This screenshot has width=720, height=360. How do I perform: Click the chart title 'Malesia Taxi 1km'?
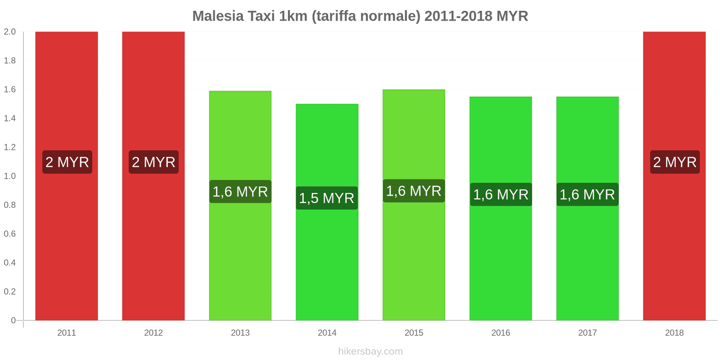[360, 16]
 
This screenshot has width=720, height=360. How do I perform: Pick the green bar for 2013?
[240, 252]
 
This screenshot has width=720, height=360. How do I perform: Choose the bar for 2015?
[414, 252]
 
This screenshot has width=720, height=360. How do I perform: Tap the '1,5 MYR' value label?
[327, 198]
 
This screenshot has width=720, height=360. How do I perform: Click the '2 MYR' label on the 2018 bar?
[675, 162]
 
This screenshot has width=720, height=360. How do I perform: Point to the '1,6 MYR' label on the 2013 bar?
[240, 192]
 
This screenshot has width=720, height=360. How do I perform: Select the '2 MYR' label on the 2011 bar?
[67, 162]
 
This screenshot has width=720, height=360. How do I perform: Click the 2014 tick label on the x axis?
[327, 333]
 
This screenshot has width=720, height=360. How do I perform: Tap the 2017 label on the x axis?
[588, 333]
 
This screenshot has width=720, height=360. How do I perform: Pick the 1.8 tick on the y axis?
[10, 61]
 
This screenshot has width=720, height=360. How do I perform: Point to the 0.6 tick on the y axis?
[10, 234]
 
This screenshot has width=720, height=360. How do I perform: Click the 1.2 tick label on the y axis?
[10, 147]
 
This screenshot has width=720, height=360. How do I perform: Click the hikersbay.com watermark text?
[370, 351]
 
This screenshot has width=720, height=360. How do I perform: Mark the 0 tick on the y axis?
[13, 320]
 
